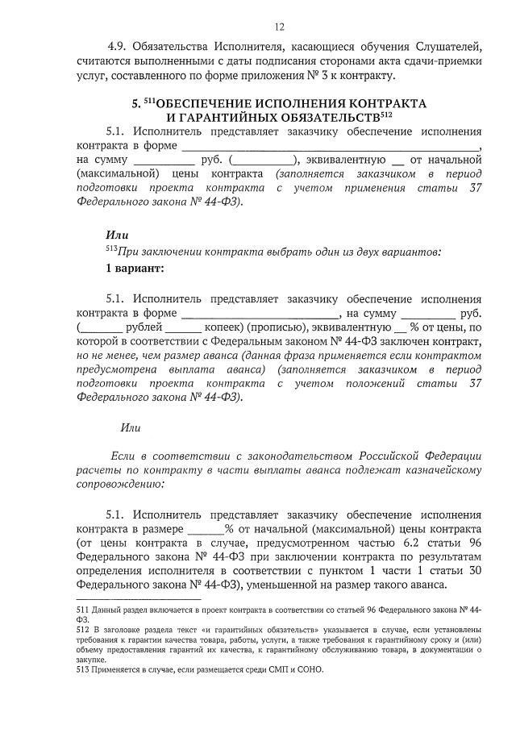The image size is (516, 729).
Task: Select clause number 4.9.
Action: point(118,46)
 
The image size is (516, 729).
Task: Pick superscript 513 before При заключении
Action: point(111,248)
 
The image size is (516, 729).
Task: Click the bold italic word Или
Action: point(118,235)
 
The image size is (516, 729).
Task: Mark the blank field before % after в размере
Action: point(206,529)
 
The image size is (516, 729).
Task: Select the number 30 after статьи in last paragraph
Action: point(472,573)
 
